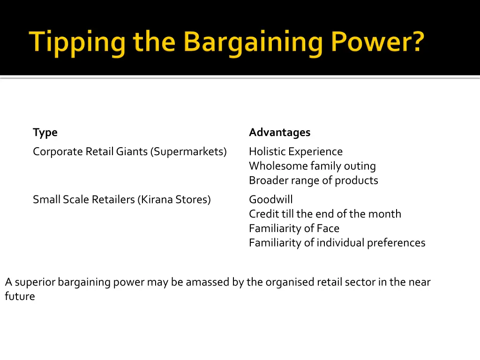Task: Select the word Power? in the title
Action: pyautogui.click(x=377, y=42)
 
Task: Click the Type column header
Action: pyautogui.click(x=45, y=133)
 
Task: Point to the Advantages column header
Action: pyautogui.click(x=279, y=133)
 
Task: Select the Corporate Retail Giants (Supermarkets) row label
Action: pyautogui.click(x=129, y=152)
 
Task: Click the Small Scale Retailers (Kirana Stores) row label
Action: pyautogui.click(x=121, y=200)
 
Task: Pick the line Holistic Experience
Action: pyautogui.click(x=295, y=152)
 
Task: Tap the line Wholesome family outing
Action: pyautogui.click(x=312, y=166)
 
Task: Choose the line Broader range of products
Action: pyautogui.click(x=313, y=180)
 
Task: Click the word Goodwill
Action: pyautogui.click(x=270, y=200)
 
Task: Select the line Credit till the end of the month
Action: pyautogui.click(x=325, y=214)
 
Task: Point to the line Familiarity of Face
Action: pyautogui.click(x=294, y=229)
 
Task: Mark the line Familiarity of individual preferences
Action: pyautogui.click(x=337, y=243)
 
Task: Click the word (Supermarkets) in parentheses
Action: pyautogui.click(x=188, y=152)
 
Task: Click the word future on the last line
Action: pyautogui.click(x=20, y=297)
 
